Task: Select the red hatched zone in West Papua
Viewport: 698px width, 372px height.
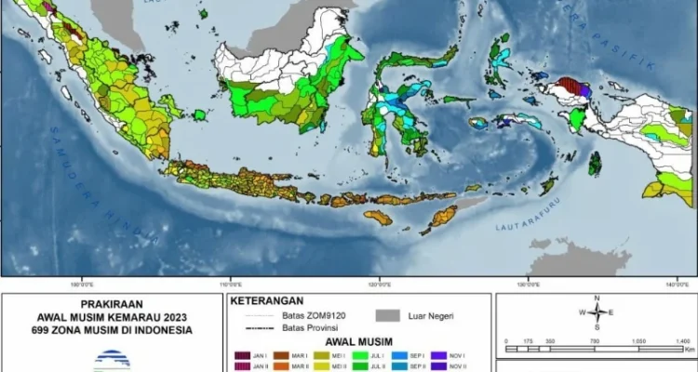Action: coord(570,90)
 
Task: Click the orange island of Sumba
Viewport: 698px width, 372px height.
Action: coord(375,217)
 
